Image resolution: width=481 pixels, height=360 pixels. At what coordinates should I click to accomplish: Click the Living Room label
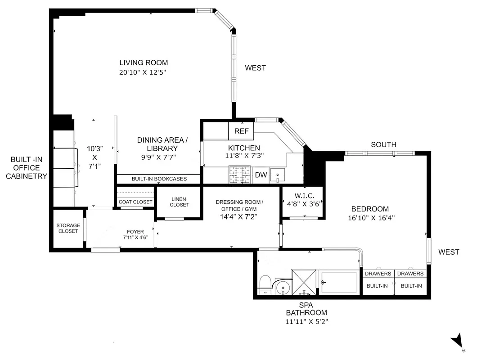(143, 63)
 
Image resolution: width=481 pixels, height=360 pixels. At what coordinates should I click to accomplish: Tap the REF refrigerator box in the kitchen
(241, 131)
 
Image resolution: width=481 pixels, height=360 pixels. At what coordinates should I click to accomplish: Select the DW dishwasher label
(261, 175)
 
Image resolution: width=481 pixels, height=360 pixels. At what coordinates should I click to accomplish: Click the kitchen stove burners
(240, 175)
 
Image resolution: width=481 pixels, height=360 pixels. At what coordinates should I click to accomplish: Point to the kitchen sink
(278, 175)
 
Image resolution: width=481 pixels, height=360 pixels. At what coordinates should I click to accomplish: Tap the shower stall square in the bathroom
(304, 282)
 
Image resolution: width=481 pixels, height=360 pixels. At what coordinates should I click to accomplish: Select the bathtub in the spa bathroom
(339, 282)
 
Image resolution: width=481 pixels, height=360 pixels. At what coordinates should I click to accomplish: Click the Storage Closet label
(68, 228)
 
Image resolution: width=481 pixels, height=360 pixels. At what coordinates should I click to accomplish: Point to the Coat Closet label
(135, 202)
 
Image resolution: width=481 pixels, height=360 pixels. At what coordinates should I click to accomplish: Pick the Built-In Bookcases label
(159, 179)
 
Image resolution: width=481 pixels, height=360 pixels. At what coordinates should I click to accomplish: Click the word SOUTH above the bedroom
(383, 144)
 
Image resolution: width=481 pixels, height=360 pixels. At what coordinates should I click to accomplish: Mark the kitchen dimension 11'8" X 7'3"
(244, 156)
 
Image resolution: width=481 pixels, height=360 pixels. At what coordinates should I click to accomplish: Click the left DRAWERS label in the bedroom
(378, 274)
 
